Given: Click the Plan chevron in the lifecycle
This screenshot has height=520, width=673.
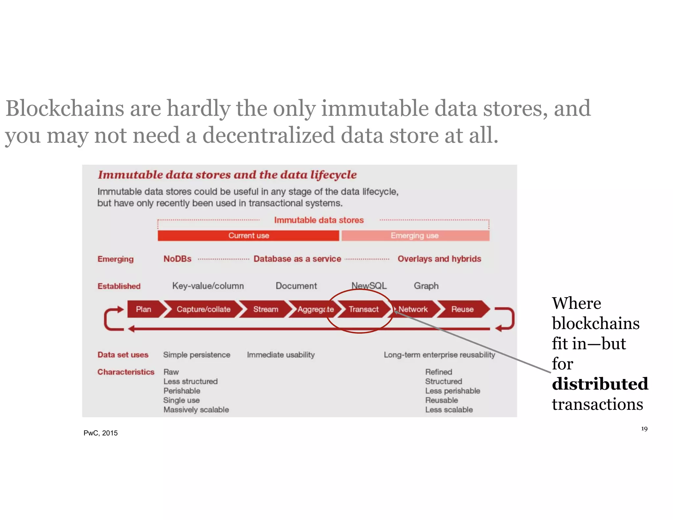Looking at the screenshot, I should [x=144, y=309].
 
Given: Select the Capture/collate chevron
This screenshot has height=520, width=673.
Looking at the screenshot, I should [x=203, y=309].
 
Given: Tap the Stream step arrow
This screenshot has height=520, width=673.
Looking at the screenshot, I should [x=266, y=309].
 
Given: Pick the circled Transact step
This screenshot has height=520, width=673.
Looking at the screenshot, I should [x=363, y=309].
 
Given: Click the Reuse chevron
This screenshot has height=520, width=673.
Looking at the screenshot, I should [x=462, y=309].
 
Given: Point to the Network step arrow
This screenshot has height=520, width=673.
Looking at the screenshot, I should [x=413, y=309].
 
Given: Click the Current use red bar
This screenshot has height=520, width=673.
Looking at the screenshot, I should [x=248, y=236].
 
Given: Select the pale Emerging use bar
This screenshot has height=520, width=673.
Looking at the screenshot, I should [x=415, y=236].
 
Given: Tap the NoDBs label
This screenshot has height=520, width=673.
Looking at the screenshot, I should [x=177, y=259].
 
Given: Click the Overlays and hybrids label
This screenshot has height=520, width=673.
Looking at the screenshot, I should [x=439, y=259].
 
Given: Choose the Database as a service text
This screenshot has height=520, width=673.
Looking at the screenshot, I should [x=297, y=259].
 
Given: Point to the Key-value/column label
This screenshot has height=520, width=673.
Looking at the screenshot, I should [x=208, y=286].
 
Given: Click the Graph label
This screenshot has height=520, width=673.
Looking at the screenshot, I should [x=426, y=286].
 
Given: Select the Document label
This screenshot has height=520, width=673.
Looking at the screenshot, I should [x=296, y=286].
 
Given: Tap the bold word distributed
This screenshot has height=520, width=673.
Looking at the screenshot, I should [x=600, y=384].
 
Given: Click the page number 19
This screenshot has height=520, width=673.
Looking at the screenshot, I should [x=644, y=429].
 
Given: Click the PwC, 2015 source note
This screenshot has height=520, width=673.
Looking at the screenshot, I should [x=101, y=433].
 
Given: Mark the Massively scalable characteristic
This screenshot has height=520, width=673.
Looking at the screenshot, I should [x=196, y=410].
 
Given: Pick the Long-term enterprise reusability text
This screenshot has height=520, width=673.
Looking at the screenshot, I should [x=439, y=355].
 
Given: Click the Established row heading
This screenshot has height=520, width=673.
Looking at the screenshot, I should [x=119, y=286].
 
